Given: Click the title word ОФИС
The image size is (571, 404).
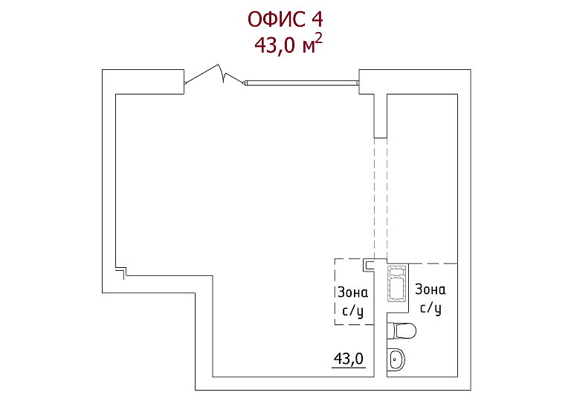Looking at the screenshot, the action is coord(277,19).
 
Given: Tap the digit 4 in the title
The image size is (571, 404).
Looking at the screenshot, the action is coord(317,19).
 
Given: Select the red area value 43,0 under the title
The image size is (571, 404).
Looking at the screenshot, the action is coord(274,46).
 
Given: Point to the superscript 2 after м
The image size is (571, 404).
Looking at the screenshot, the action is coord(319,38).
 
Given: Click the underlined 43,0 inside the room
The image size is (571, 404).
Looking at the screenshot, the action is coord(349,359).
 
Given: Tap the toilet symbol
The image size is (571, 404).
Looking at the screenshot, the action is coord(401,330).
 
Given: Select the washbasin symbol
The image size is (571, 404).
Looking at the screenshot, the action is coord(396,360).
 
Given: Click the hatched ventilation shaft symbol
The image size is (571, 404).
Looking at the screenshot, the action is coord(396,284).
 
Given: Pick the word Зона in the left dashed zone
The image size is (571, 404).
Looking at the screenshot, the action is coord(352,292).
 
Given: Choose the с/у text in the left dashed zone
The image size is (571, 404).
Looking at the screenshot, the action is coord(352,311).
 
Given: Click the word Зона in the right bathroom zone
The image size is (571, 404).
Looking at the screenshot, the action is coord(430,289).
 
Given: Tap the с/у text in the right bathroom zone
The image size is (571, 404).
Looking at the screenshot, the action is coord(430,308).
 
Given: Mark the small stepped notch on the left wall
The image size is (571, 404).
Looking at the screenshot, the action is coord(121,272).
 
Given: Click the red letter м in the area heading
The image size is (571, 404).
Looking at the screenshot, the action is coord(308,48).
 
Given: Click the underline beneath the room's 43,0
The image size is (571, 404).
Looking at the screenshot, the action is coord(349,368).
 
